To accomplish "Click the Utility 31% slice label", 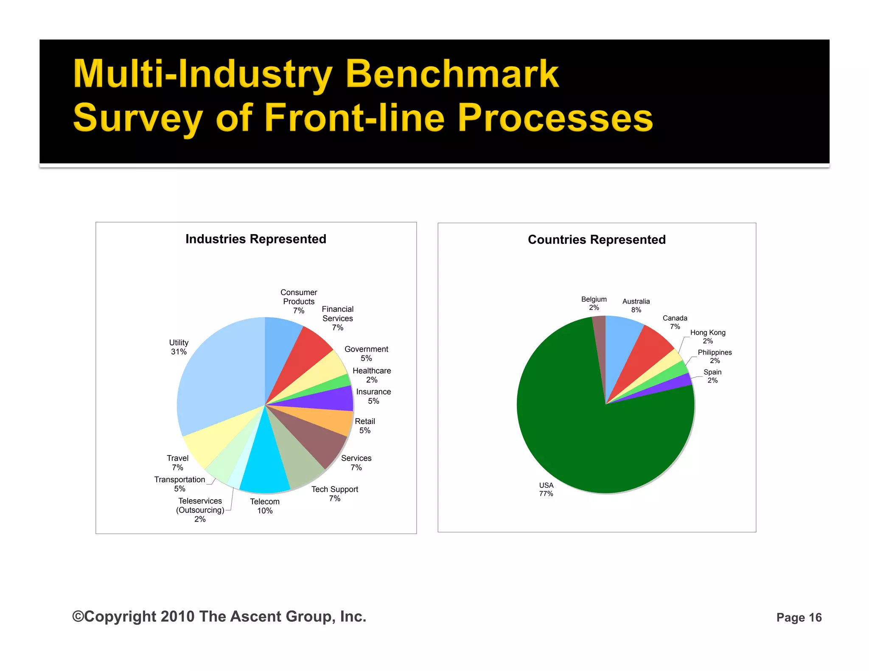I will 179,347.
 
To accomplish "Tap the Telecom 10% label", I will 265,506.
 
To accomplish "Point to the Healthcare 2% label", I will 372,375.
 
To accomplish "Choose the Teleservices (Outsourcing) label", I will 200,510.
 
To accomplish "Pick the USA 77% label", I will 546,489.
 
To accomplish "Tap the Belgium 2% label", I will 594,303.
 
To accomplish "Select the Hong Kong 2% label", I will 708,337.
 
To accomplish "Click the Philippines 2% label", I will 715,356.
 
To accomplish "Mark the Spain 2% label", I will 712,376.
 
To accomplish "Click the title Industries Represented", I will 256,239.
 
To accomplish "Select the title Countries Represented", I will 597,240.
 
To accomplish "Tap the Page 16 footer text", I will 799,618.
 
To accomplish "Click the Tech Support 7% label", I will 335,494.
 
